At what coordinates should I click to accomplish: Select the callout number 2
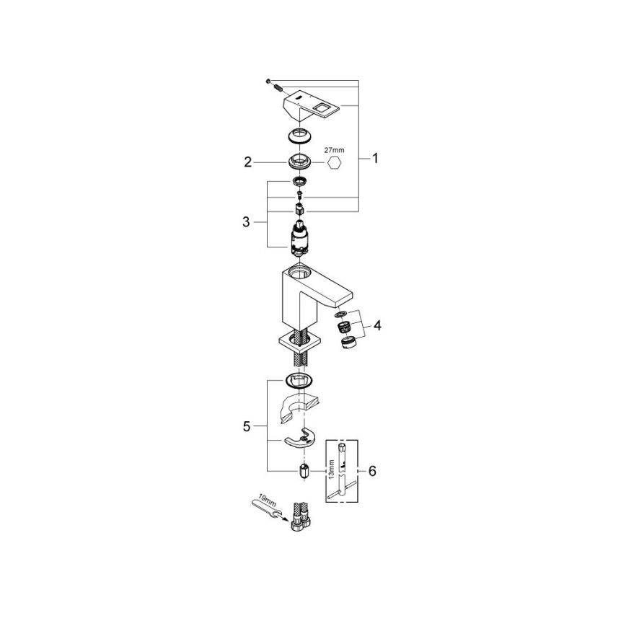pyautogui.click(x=248, y=163)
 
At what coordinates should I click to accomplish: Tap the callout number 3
pyautogui.click(x=247, y=222)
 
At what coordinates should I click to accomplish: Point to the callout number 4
pyautogui.click(x=377, y=325)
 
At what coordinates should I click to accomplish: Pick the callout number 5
pyautogui.click(x=247, y=426)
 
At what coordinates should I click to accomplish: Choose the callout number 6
pyautogui.click(x=372, y=471)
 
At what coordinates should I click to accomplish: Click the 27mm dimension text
pyautogui.click(x=335, y=150)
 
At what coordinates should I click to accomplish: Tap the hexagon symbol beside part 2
pyautogui.click(x=335, y=166)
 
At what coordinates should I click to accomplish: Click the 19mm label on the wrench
pyautogui.click(x=264, y=501)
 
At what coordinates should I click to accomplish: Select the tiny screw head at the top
pyautogui.click(x=268, y=81)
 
